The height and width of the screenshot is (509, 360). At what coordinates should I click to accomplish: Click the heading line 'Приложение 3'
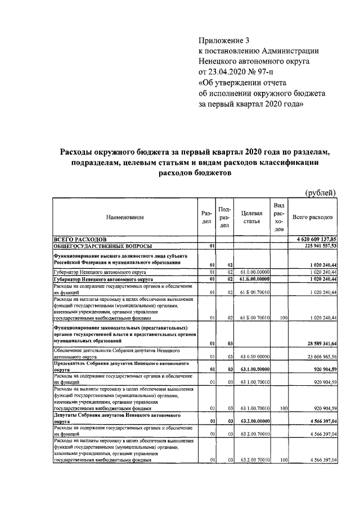223,40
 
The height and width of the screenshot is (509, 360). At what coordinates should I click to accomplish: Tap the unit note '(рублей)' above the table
320,193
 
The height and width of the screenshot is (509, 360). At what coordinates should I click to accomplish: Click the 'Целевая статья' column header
251,217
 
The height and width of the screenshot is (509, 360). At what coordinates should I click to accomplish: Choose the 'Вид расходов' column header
278,217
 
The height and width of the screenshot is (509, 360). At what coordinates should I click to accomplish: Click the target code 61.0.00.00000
251,271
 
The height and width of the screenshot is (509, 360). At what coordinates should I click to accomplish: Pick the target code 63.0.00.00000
251,356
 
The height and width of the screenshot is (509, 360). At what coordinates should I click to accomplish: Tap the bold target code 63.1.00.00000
251,370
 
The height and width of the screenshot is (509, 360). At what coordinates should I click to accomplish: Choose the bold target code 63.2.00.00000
251,420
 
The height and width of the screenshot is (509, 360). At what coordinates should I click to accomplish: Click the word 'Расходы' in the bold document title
80,152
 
